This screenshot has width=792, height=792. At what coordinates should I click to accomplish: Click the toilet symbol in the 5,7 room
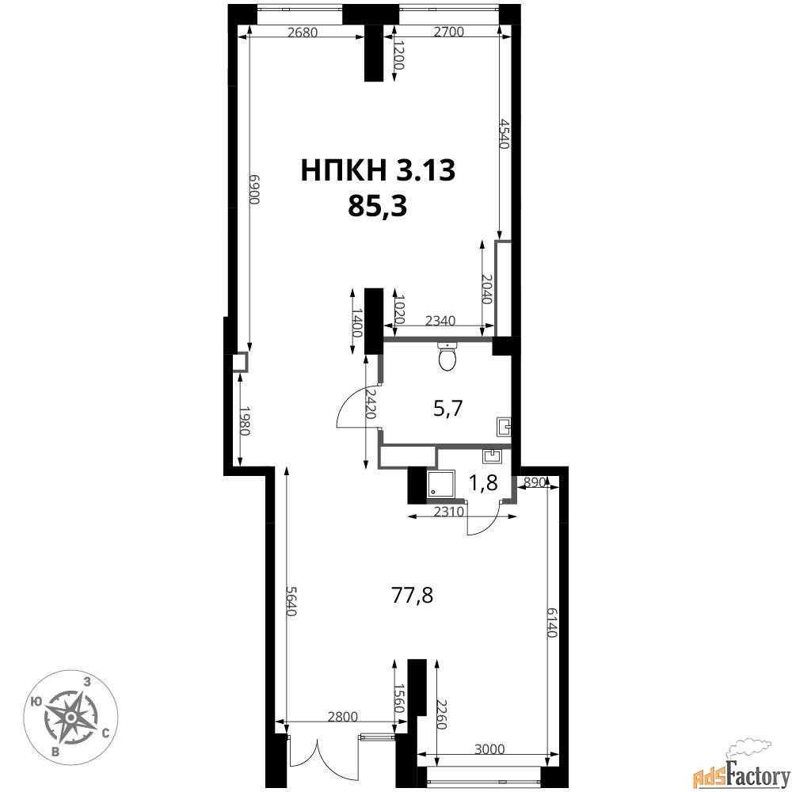click(448, 356)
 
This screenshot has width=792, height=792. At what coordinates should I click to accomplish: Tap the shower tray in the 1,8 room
click(441, 483)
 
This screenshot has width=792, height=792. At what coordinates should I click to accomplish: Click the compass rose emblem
click(71, 717)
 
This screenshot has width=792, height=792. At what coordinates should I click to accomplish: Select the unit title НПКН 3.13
click(378, 169)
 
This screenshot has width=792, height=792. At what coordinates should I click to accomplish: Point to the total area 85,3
click(378, 206)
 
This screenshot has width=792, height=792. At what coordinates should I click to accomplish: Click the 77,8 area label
click(412, 596)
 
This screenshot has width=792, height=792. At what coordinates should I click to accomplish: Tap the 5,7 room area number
click(448, 408)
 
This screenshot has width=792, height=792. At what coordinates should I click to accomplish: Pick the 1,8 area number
click(483, 483)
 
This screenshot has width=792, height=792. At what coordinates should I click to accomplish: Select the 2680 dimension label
click(302, 32)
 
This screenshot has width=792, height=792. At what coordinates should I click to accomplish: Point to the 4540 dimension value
click(503, 133)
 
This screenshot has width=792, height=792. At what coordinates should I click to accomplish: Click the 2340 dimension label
click(440, 321)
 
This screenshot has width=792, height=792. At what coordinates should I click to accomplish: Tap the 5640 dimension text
click(291, 600)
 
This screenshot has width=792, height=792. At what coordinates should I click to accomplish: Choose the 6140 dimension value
click(551, 622)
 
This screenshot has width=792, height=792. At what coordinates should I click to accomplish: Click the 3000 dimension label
click(490, 748)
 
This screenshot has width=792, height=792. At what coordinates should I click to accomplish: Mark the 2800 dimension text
click(342, 716)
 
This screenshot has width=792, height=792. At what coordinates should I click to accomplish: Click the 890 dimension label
click(535, 482)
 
